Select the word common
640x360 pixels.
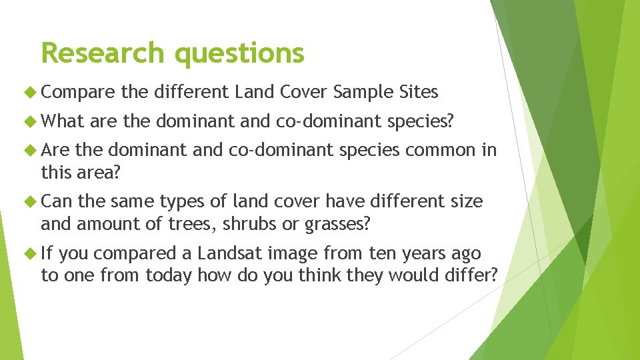[x=440, y=150]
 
